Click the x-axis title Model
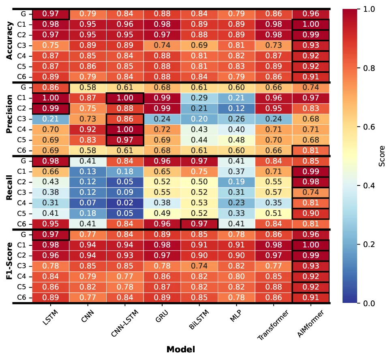pyautogui.click(x=180, y=349)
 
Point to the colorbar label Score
pyautogui.click(x=381, y=156)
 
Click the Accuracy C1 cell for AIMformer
pyautogui.click(x=311, y=24)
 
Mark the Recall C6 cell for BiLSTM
pyautogui.click(x=199, y=224)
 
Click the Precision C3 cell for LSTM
pyautogui.click(x=51, y=119)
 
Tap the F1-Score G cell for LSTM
pyautogui.click(x=51, y=234)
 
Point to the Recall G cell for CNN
pyautogui.click(x=88, y=161)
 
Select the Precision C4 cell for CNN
pyautogui.click(x=88, y=129)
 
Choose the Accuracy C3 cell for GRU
pyautogui.click(x=162, y=45)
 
